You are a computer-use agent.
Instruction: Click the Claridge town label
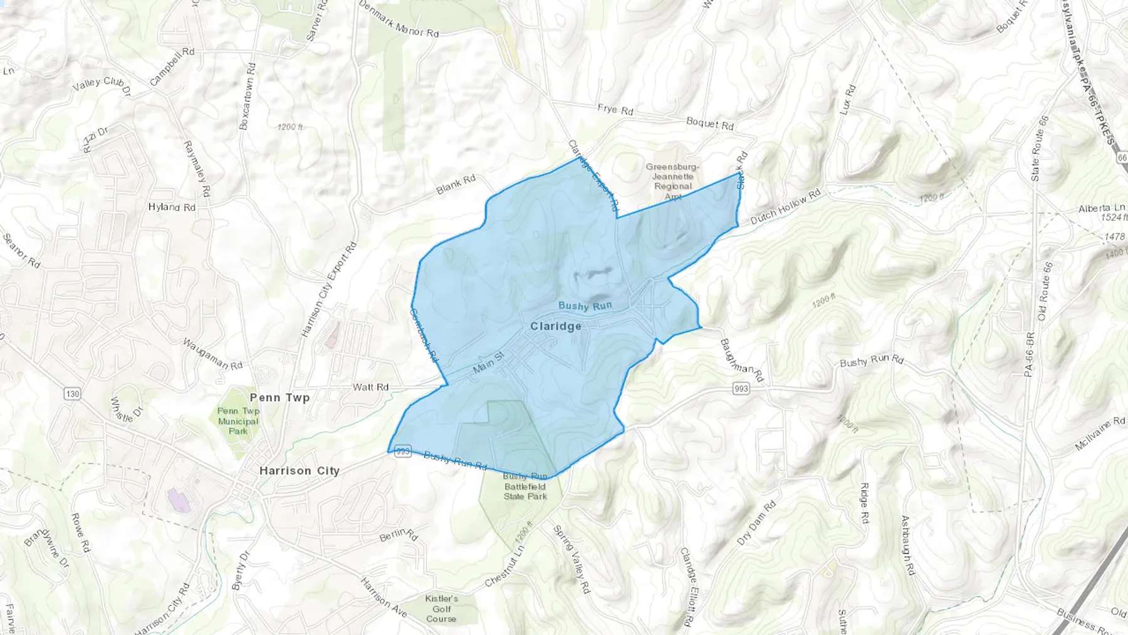[555, 327]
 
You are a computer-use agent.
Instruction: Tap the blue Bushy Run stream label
[585, 306]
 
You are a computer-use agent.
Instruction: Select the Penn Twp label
[279, 397]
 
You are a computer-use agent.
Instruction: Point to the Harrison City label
[299, 471]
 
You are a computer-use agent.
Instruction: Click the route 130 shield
[73, 394]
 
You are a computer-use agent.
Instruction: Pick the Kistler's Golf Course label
[441, 609]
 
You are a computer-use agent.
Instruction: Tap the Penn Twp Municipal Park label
[238, 421]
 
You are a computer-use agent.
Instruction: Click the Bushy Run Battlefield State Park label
[525, 486]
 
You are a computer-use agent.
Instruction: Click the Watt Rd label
[370, 387]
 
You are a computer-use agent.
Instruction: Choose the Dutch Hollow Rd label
[785, 207]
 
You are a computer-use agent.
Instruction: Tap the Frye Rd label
[615, 110]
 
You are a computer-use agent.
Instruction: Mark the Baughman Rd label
[742, 360]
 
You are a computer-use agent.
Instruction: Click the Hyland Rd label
[172, 207]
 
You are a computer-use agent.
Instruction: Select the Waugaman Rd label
[212, 354]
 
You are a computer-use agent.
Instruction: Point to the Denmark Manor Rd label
[399, 19]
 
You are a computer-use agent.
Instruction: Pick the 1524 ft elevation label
[1114, 218]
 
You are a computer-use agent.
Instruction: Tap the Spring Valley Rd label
[572, 559]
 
